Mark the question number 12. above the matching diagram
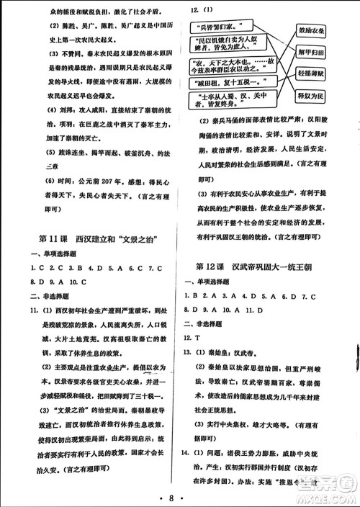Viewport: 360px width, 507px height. (x=194, y=10)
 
